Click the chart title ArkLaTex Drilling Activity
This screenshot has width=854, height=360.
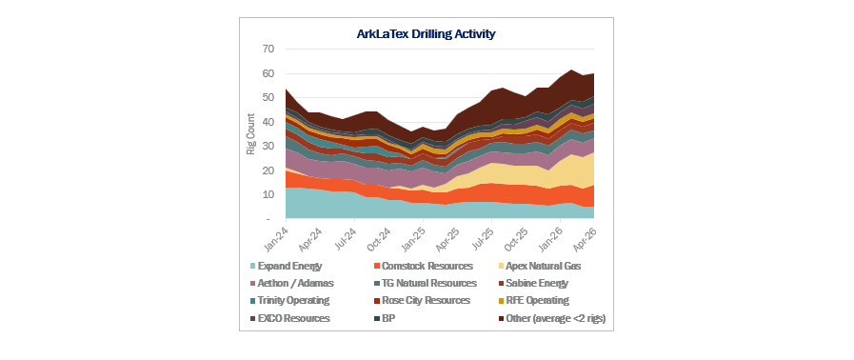(426, 33)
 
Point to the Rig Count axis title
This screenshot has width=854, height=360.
(251, 134)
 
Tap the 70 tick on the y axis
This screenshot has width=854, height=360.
(268, 49)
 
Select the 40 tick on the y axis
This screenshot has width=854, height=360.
(268, 122)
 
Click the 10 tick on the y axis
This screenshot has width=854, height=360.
(268, 194)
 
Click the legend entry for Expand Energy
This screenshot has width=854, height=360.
(286, 267)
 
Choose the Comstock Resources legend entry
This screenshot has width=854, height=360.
(423, 267)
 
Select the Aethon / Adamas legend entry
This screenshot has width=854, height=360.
(291, 283)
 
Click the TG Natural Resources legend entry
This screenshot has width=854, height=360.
(425, 283)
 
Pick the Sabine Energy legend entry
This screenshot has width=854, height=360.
(532, 283)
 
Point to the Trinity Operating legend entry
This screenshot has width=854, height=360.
(289, 300)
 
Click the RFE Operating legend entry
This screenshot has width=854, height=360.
(533, 300)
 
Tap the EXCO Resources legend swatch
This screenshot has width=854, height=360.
(252, 318)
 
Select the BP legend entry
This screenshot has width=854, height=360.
(385, 318)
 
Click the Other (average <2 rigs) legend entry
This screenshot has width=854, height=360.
(552, 318)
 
